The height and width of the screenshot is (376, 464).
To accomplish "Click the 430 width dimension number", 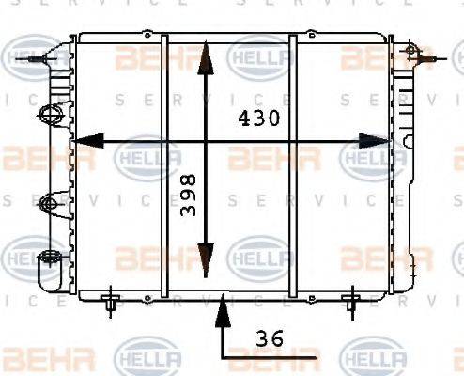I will point(255,120).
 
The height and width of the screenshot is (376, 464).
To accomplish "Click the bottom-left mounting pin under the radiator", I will point(111,301).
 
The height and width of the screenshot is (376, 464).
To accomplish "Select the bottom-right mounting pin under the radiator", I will point(351,301).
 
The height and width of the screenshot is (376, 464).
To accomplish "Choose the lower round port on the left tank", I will point(50,201).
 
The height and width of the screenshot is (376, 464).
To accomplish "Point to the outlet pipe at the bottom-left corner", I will point(45,273).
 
